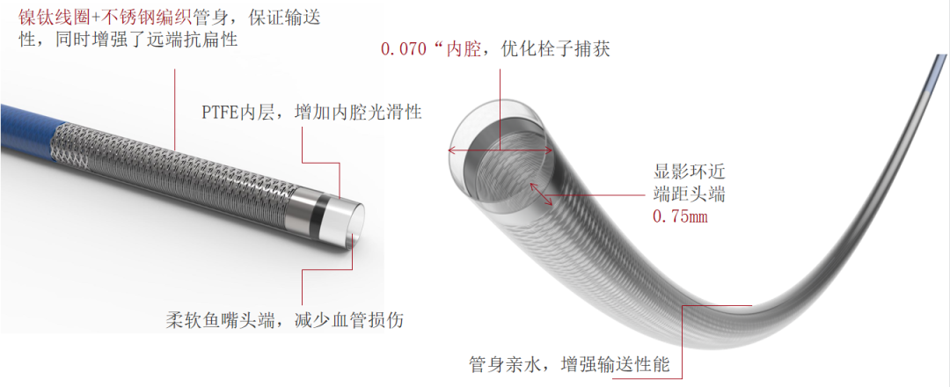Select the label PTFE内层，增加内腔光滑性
(x=311, y=112)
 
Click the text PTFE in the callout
(x=220, y=113)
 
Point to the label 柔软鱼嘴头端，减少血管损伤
(x=285, y=319)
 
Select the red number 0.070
(x=404, y=49)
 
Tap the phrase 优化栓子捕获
(x=556, y=49)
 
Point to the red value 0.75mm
(x=680, y=216)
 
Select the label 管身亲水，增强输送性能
(x=569, y=364)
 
